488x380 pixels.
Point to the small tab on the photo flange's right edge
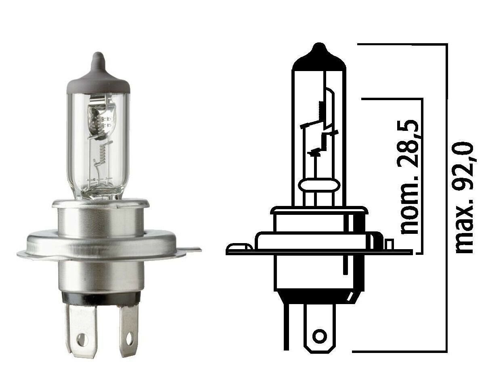(x=194, y=250)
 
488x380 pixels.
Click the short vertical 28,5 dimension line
(x=422, y=174)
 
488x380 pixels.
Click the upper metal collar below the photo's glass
(x=100, y=216)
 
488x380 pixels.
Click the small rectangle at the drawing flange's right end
(x=389, y=244)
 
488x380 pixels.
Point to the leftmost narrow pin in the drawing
(x=288, y=327)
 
